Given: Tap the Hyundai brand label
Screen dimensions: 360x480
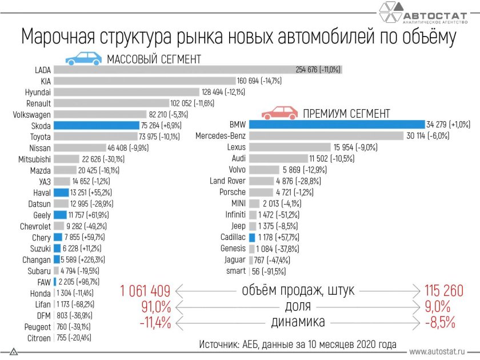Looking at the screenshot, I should click(x=38, y=92).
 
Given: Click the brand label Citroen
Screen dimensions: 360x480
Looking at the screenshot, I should click(x=38, y=338).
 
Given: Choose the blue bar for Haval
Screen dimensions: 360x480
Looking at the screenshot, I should click(x=61, y=193).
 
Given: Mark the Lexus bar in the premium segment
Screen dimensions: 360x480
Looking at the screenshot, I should click(x=290, y=147).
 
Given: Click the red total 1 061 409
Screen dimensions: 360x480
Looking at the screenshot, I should click(x=146, y=290).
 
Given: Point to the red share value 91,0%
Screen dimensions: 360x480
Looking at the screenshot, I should click(x=156, y=306).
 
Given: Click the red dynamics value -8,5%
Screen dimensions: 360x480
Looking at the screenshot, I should click(x=441, y=322).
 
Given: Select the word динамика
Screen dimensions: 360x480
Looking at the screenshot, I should click(x=297, y=322).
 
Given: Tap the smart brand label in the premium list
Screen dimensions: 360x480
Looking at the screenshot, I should click(x=235, y=271).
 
